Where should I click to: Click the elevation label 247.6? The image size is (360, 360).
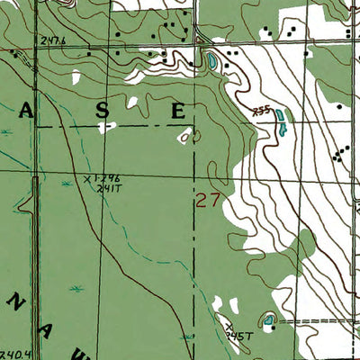tap(54, 40)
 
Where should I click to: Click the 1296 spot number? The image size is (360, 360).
tap(109, 179)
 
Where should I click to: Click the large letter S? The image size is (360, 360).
tap(103, 111)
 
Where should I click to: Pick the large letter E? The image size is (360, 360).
tap(179, 111)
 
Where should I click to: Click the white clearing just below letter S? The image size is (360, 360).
tap(108, 126)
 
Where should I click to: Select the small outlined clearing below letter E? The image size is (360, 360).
tap(186, 137)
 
